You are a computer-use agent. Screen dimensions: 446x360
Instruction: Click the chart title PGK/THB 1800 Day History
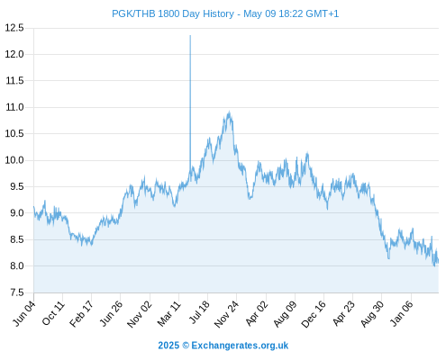(x=173, y=13)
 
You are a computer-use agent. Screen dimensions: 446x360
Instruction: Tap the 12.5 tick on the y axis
(x=14, y=28)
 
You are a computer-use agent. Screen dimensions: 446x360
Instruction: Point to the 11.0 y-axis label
(x=14, y=107)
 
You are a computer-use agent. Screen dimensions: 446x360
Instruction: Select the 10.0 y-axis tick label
(x=14, y=160)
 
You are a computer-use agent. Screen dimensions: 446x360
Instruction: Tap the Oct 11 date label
(x=53, y=313)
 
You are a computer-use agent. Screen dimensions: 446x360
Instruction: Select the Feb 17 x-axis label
(x=81, y=314)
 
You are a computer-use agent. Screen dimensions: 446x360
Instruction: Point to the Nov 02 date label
(x=140, y=315)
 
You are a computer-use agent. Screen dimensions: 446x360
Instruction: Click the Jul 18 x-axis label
(x=199, y=312)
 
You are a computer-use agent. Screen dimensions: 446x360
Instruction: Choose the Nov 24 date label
(x=226, y=314)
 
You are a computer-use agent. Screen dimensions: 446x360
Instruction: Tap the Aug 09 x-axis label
(x=285, y=314)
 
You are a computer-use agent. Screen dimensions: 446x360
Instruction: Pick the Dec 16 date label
(x=314, y=314)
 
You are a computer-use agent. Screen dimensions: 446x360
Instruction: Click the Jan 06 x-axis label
(x=402, y=313)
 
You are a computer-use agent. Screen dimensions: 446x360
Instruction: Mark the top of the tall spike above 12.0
(x=190, y=35)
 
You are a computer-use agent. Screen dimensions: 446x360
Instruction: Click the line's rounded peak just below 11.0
(x=229, y=112)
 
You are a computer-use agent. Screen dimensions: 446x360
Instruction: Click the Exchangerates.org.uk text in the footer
(x=240, y=346)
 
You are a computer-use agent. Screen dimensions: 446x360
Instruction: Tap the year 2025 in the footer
(x=168, y=346)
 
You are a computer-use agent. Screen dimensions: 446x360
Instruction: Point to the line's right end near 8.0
(x=438, y=261)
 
